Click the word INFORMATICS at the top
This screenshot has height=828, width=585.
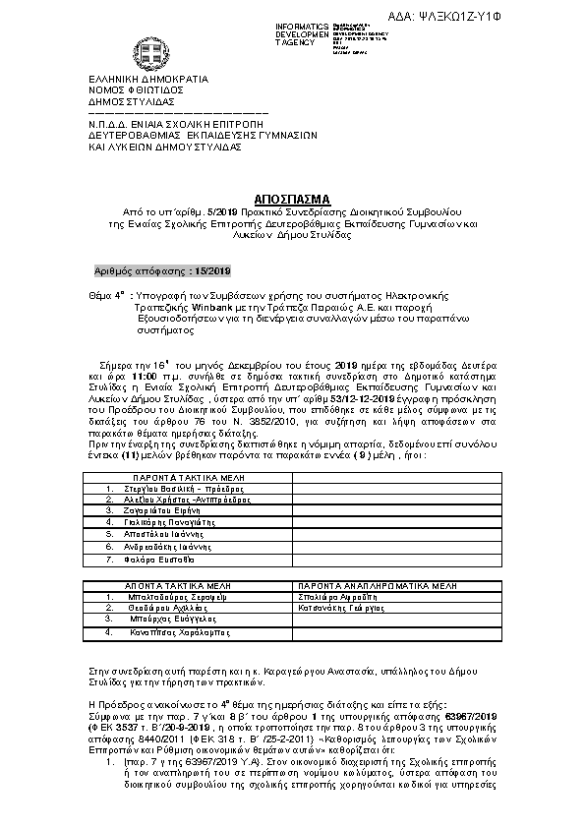pos(302,24)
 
